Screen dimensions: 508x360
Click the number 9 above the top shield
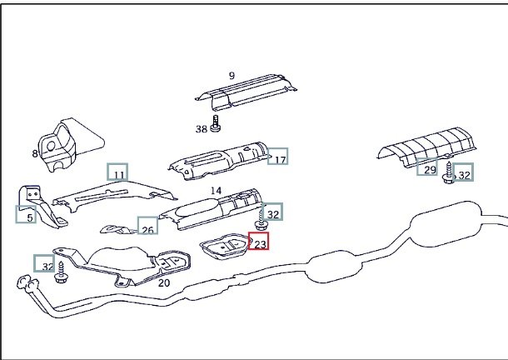232,76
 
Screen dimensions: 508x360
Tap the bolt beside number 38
216,124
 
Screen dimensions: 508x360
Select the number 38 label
202,129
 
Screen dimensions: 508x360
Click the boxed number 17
278,156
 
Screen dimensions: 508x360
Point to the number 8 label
35,153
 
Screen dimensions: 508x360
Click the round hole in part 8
51,147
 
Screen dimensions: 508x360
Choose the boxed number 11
117,172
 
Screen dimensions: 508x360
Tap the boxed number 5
26,214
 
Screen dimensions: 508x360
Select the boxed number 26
147,225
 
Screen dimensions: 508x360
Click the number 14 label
216,190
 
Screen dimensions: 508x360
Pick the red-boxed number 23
258,242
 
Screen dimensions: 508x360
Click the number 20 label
164,283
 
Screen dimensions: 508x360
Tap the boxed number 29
427,167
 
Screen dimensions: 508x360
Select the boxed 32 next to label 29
463,172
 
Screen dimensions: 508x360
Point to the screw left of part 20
61,272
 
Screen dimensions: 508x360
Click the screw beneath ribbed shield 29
449,173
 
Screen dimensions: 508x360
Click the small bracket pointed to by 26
118,229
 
